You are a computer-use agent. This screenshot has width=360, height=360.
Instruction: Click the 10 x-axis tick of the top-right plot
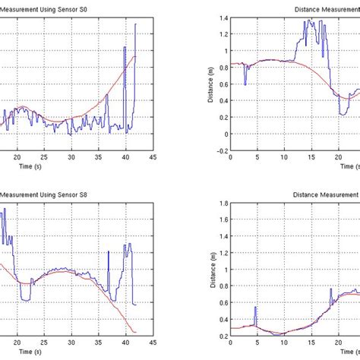(x=284, y=158)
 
